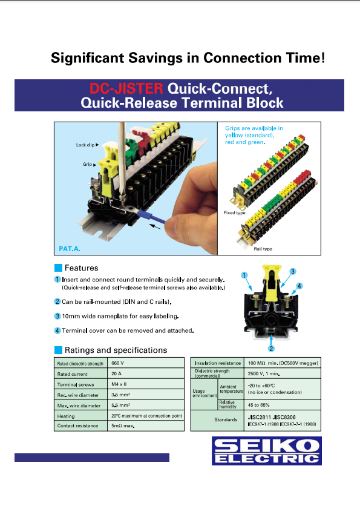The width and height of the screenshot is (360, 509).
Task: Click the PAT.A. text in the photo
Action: pyautogui.click(x=70, y=249)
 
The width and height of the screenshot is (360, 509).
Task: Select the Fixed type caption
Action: pyautogui.click(x=234, y=213)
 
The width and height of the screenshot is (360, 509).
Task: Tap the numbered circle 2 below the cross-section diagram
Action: pyautogui.click(x=272, y=349)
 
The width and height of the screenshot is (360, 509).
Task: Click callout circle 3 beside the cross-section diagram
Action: pyautogui.click(x=292, y=271)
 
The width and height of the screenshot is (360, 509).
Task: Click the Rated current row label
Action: pyautogui.click(x=72, y=374)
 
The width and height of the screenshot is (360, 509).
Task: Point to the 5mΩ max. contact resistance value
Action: pyautogui.click(x=123, y=426)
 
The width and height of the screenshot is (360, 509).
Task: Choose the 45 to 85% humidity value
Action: pyautogui.click(x=262, y=404)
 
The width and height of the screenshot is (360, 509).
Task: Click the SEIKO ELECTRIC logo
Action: pyautogui.click(x=266, y=451)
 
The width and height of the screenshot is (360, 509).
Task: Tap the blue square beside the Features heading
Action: pyautogui.click(x=58, y=268)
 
